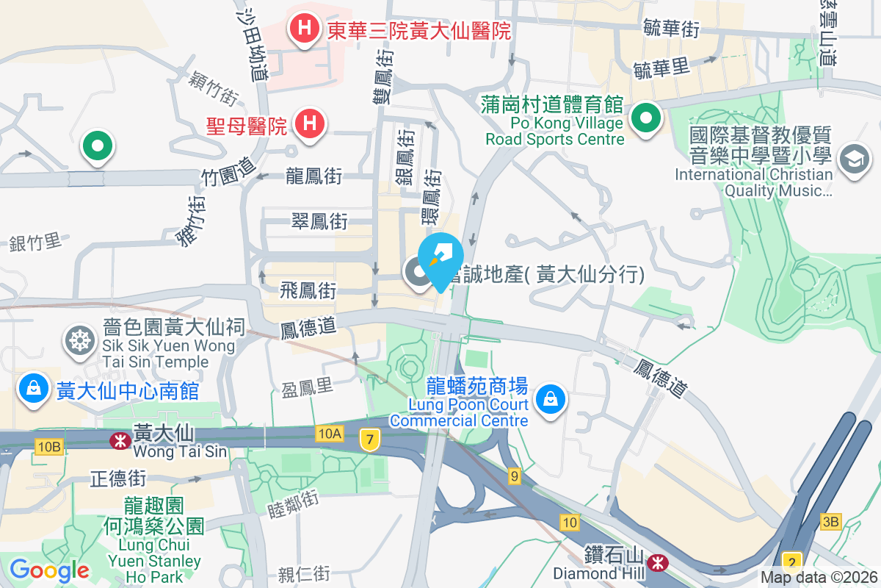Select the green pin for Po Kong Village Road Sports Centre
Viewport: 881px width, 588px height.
645,118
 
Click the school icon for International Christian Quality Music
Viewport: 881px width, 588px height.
854,159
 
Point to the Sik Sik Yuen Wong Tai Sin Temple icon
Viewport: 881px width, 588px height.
79,340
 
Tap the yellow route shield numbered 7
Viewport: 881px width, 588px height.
369,440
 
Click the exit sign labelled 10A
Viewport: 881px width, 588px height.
330,434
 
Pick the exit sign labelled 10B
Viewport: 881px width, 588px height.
48,446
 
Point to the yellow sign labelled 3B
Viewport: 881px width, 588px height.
831,521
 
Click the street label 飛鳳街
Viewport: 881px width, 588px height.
308,291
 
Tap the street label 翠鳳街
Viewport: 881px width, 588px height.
319,220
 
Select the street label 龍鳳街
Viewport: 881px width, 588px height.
313,176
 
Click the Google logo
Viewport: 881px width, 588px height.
49,570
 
